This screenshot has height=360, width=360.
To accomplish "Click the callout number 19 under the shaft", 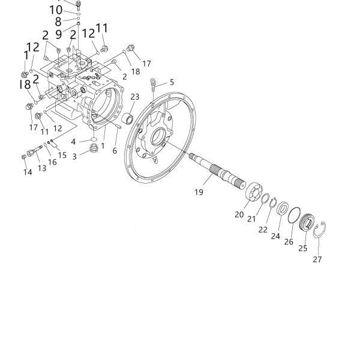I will tap(199, 192).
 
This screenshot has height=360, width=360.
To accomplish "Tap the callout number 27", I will tap(317, 259).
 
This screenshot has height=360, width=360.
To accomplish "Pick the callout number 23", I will tap(135, 97).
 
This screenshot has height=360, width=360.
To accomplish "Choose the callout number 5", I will tap(172, 82).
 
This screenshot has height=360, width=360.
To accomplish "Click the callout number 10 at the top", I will tap(55, 10).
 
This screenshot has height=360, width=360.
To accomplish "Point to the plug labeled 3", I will tap(93, 147).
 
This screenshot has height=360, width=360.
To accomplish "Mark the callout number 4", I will tap(74, 142).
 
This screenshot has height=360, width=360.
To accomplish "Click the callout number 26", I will tap(289, 242).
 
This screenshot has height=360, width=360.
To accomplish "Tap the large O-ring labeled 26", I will tap(294, 216).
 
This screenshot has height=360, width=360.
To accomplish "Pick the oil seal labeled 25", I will tap(307, 224).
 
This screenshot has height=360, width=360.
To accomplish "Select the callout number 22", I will tap(263, 229).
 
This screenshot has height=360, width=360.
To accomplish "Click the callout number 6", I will tap(115, 151).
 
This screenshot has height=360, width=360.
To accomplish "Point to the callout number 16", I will tap(52, 162).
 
